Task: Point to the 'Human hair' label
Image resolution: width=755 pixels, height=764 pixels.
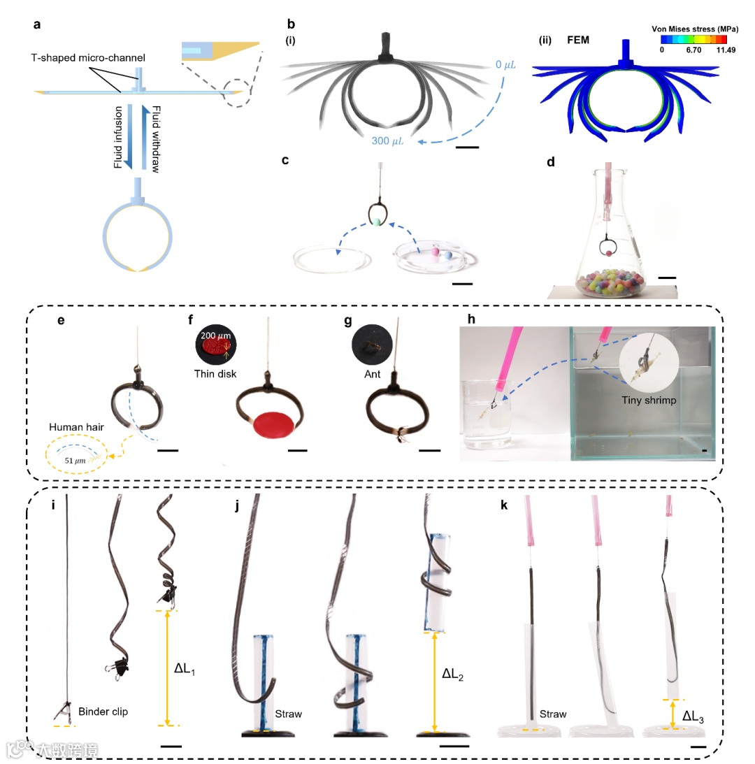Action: [x=73, y=426]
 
